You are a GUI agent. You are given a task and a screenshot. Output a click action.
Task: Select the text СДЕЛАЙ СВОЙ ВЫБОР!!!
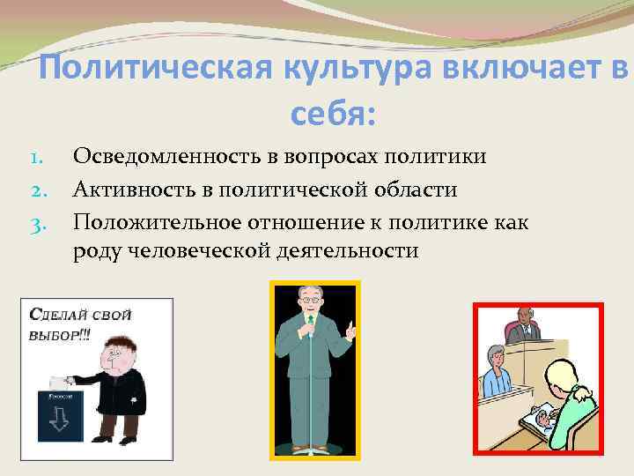click(x=67, y=323)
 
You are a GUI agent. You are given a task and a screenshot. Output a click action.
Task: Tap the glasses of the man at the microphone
click(x=311, y=300)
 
